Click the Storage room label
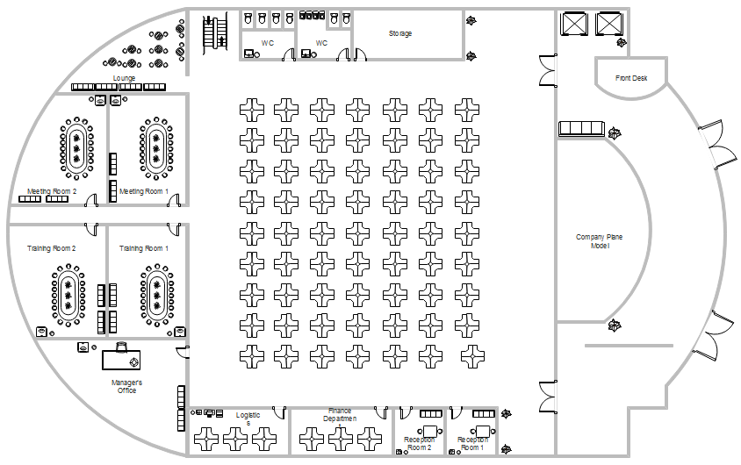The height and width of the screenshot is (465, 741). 400,34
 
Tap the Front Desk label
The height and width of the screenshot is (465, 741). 631,78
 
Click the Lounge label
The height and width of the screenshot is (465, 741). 124,78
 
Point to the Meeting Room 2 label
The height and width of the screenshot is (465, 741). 52,190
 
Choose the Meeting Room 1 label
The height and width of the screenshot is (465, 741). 144,190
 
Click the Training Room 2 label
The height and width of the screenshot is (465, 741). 52,248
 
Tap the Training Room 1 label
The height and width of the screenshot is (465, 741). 144,248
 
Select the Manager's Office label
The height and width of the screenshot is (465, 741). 127,386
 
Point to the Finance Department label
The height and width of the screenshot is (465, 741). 340,414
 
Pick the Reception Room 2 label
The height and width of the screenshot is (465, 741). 419,443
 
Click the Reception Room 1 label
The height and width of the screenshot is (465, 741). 472,443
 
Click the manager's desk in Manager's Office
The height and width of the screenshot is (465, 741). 121,360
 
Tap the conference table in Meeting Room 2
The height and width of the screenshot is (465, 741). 76,147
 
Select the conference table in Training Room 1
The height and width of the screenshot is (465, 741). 156,295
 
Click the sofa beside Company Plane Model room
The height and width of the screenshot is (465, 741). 581,129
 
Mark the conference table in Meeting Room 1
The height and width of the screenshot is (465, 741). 156,147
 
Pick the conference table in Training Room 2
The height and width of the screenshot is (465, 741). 68,295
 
